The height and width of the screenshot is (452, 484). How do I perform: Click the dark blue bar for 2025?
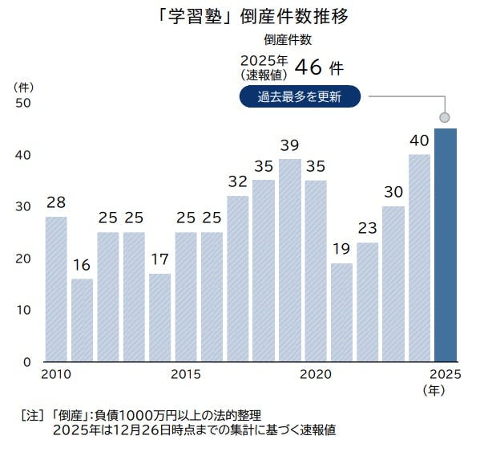point(446,245)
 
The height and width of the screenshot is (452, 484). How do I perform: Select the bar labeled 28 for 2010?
point(56,289)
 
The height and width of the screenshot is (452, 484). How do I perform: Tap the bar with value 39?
point(290,260)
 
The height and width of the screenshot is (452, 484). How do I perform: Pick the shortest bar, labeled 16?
point(83,320)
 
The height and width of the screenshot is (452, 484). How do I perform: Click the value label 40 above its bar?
point(419,140)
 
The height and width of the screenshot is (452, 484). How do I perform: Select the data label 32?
point(238,182)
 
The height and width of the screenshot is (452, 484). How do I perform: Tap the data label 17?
point(160,260)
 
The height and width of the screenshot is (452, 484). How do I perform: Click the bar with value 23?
point(367,302)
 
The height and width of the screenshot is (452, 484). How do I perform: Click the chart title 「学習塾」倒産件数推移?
point(242,17)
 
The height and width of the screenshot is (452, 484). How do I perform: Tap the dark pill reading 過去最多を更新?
point(300,98)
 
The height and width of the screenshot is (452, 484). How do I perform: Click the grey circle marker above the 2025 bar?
point(446,117)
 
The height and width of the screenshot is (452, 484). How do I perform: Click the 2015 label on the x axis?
point(186,375)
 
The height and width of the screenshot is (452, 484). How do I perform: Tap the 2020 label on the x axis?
point(316,375)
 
